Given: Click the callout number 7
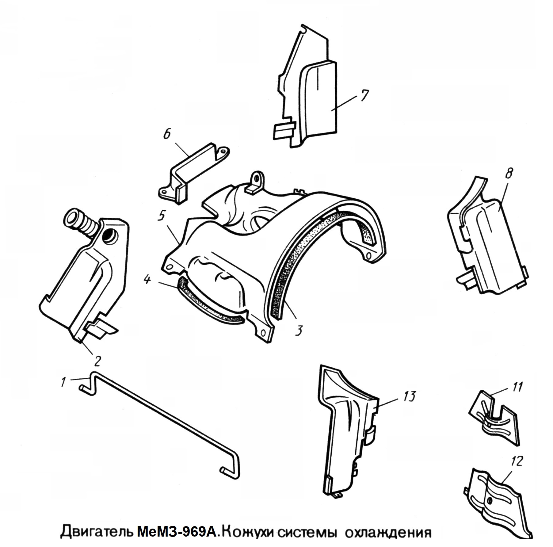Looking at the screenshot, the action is [x=364, y=96].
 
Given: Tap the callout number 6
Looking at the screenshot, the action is [x=167, y=134].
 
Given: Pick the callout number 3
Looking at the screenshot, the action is [x=299, y=330].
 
